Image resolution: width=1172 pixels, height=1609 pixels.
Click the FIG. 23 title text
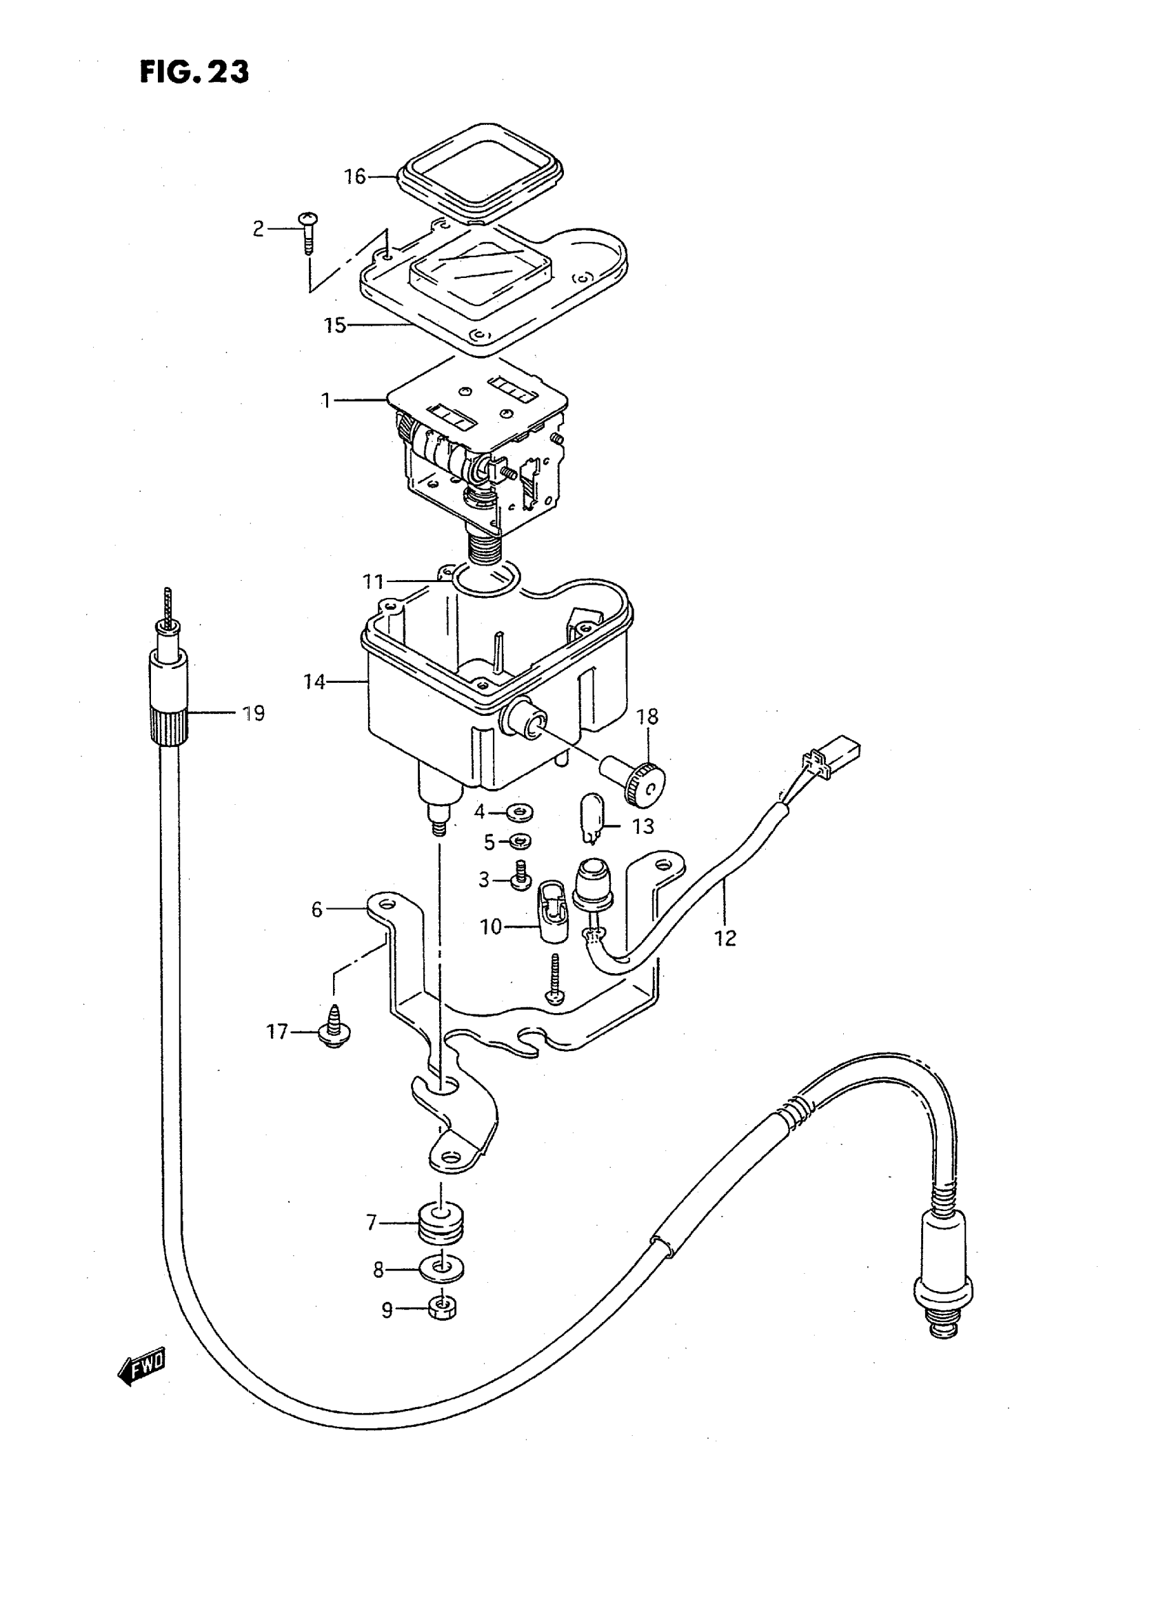click(x=194, y=72)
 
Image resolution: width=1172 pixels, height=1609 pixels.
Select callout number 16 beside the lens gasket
click(x=355, y=176)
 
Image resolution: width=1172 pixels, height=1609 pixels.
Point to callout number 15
click(x=335, y=326)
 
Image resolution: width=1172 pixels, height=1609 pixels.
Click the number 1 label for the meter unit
click(x=325, y=401)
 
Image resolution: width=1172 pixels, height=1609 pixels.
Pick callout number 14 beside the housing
click(x=314, y=682)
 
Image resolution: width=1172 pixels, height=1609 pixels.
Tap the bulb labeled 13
click(x=592, y=819)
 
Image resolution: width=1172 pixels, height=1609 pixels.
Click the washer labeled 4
click(x=521, y=811)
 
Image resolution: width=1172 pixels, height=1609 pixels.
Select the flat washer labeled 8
click(x=443, y=1269)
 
